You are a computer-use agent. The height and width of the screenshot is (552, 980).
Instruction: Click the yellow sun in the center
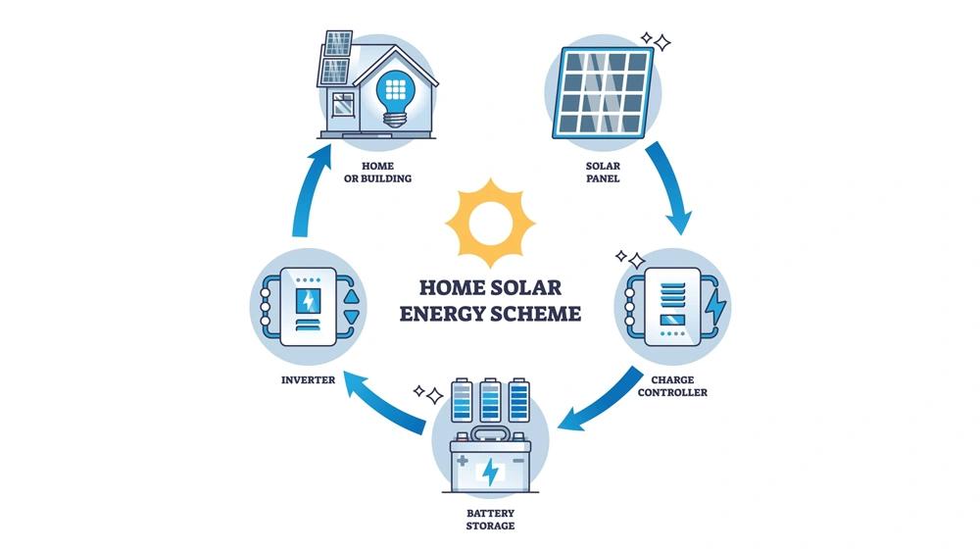(x=490, y=223)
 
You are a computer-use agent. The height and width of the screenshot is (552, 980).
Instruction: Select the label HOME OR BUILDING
(x=377, y=172)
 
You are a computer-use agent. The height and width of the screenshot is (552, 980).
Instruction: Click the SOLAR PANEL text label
(x=603, y=172)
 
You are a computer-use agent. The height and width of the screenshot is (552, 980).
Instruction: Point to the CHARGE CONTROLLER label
(x=672, y=385)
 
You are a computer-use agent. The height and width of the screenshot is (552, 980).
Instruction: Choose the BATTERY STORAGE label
(x=491, y=520)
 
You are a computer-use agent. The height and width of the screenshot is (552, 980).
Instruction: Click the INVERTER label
(x=308, y=379)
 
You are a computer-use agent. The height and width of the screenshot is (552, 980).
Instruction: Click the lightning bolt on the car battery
(x=491, y=472)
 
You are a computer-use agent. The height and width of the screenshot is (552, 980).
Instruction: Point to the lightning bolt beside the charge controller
(x=715, y=306)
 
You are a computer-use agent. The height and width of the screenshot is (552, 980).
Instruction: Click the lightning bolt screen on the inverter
(x=308, y=301)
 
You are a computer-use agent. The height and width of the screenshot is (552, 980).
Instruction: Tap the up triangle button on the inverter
(x=352, y=296)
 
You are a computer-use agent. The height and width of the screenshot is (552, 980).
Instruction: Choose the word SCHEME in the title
(x=537, y=313)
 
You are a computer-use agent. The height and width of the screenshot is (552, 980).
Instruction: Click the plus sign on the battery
(x=463, y=461)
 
